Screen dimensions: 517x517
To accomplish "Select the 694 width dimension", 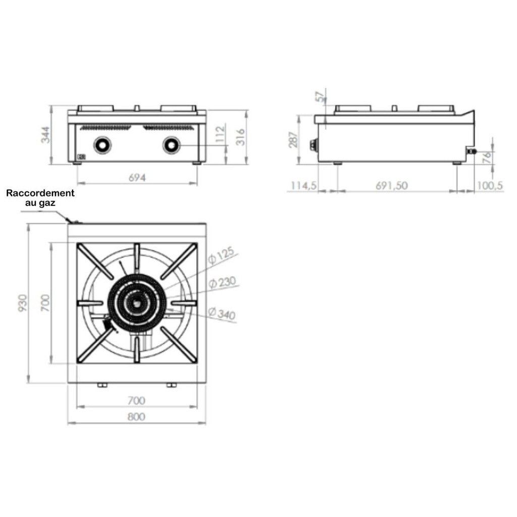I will pyautogui.click(x=137, y=178).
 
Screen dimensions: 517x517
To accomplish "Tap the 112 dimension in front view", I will pyautogui.click(x=219, y=136).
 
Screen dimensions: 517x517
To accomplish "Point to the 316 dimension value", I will pyautogui.click(x=241, y=136).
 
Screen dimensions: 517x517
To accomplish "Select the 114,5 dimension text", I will pyautogui.click(x=303, y=186).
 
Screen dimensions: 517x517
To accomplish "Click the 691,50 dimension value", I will pyautogui.click(x=391, y=186).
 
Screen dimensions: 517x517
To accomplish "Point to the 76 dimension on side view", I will pyautogui.click(x=486, y=158).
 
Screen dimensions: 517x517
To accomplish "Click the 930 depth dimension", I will pyautogui.click(x=23, y=303).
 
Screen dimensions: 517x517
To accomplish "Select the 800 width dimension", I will pyautogui.click(x=136, y=417).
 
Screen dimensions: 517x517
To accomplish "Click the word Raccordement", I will pyautogui.click(x=40, y=193).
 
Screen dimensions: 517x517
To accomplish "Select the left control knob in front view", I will pyautogui.click(x=102, y=145).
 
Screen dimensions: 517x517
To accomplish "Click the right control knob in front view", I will pyautogui.click(x=171, y=145).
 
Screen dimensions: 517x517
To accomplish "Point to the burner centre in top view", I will pyautogui.click(x=136, y=303).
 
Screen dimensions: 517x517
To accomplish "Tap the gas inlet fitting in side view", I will pyautogui.click(x=472, y=150).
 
